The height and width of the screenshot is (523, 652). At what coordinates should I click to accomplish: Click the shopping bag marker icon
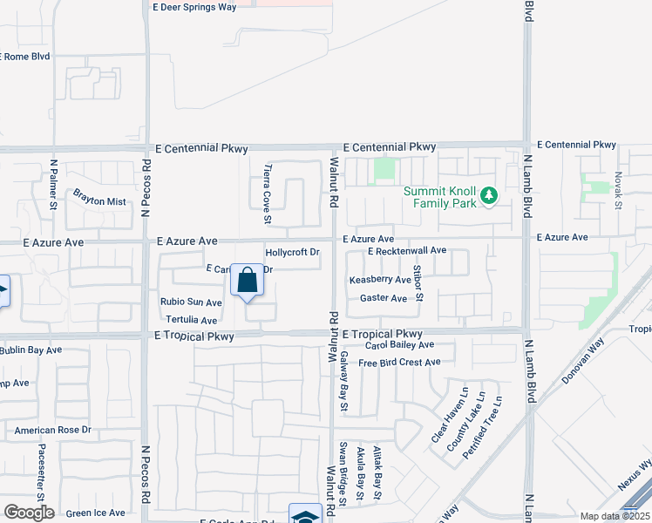(x=248, y=282)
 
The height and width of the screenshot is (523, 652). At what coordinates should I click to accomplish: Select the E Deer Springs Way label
(x=194, y=7)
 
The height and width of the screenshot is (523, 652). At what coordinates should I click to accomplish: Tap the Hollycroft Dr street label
(x=292, y=253)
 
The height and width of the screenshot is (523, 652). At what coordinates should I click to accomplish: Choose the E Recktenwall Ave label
(x=406, y=251)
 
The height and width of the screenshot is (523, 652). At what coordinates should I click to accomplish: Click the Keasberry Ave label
(x=380, y=280)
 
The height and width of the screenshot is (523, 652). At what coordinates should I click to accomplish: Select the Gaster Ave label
(x=384, y=298)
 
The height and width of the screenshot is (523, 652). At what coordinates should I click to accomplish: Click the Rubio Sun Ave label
(x=191, y=302)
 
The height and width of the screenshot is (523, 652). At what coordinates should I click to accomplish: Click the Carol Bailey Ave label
(x=400, y=346)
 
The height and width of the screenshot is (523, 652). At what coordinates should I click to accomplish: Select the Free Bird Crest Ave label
(x=399, y=363)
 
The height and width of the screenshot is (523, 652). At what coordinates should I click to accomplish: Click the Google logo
(x=29, y=513)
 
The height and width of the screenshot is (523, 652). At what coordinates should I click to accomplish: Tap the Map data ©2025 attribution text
(x=615, y=516)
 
